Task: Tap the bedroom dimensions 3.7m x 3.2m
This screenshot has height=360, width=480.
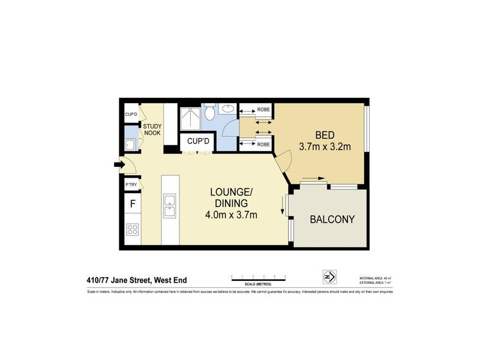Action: [325, 146]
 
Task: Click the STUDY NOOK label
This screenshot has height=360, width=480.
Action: [152, 129]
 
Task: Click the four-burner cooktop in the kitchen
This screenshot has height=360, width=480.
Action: [132, 229]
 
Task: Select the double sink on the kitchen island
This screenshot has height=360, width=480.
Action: [169, 207]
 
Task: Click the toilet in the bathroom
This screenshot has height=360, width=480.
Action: [209, 112]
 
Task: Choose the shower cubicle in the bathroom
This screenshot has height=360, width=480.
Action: [191, 119]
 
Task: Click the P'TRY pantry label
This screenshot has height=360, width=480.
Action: [131, 185]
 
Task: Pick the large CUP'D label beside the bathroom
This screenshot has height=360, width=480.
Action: [198, 142]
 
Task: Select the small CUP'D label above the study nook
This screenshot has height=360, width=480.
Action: [131, 114]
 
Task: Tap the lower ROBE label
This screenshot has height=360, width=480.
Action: [263, 145]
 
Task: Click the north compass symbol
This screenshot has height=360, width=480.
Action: [329, 277]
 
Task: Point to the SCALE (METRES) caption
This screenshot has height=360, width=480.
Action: [258, 283]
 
